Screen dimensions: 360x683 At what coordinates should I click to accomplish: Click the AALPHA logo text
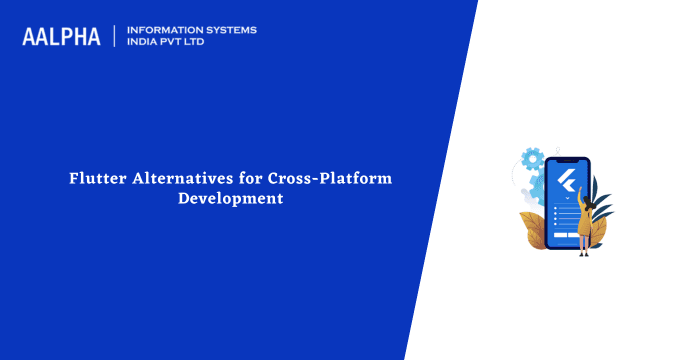[61, 37]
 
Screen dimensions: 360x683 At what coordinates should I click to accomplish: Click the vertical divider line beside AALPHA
[115, 37]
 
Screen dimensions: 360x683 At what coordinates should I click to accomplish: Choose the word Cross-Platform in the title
[329, 178]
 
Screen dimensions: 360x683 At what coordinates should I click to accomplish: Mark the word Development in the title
[230, 198]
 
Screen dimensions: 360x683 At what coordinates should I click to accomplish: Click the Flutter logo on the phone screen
[568, 180]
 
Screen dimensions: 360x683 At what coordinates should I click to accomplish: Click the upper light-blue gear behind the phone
[533, 158]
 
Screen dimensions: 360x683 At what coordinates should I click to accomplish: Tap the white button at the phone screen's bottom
[567, 236]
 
